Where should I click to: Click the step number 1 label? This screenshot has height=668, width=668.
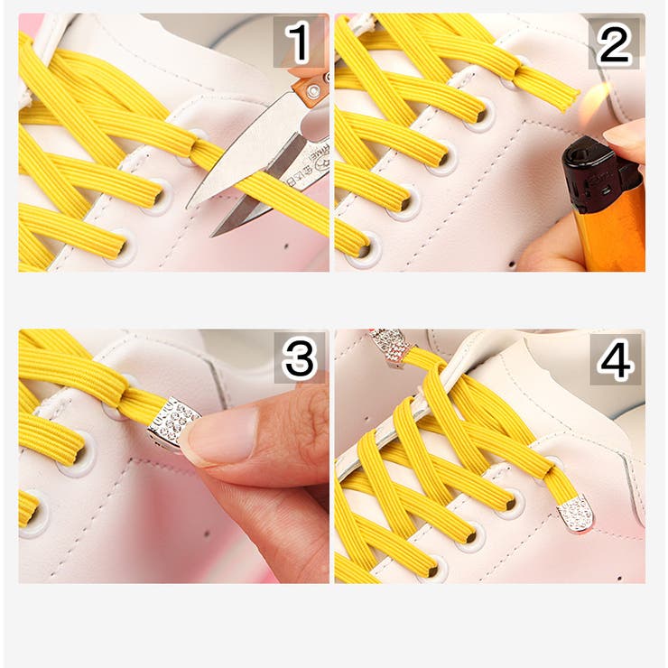(300, 42)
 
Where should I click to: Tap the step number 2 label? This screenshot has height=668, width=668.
(614, 43)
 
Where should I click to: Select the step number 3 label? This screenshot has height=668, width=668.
(299, 357)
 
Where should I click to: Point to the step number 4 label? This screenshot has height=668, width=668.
(615, 358)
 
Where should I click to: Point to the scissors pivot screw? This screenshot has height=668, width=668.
(314, 90)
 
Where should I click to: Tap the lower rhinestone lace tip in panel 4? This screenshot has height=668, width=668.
(576, 515)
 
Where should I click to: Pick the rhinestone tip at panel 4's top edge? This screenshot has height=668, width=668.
(388, 346)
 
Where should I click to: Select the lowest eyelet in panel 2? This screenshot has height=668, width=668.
(366, 251)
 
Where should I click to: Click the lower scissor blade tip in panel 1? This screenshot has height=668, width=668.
(212, 236)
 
